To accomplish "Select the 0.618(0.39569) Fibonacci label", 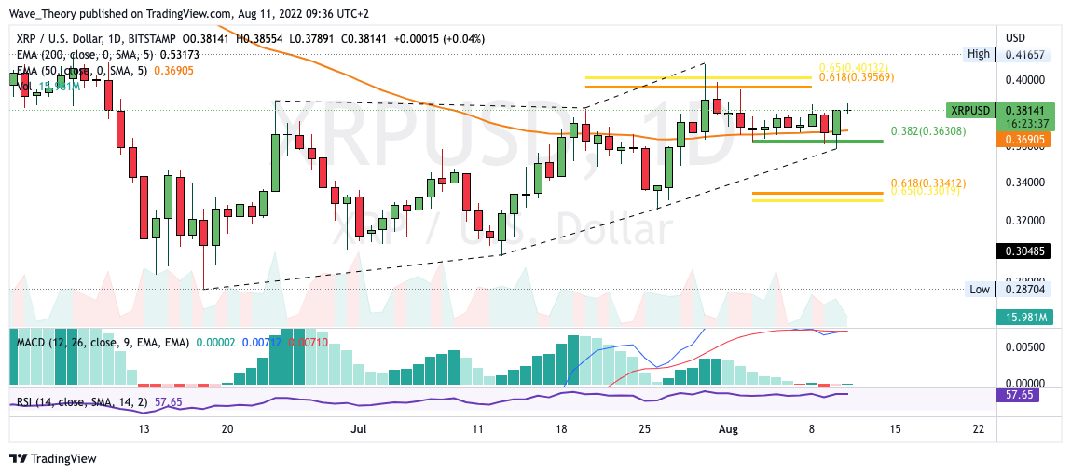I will click(858, 77).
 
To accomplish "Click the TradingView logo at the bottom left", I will click(53, 459).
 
